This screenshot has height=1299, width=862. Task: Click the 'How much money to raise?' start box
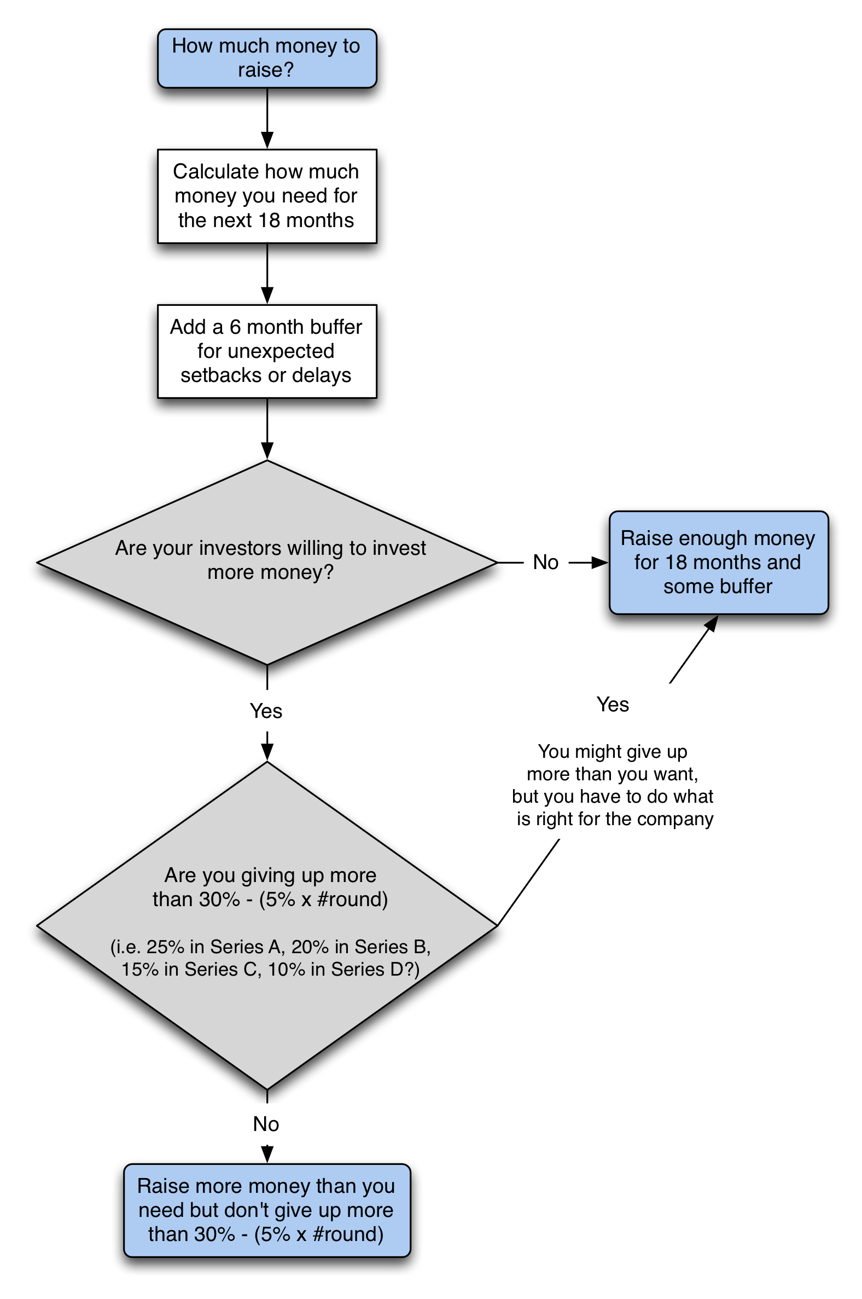(266, 58)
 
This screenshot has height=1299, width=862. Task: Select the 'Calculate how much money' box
(266, 196)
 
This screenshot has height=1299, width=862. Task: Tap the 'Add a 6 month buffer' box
(266, 351)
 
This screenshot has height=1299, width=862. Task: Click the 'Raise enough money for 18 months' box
(718, 562)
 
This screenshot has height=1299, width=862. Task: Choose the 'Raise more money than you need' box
(266, 1210)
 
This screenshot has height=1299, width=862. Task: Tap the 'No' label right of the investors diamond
(545, 562)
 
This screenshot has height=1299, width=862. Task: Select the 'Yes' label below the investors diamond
(266, 711)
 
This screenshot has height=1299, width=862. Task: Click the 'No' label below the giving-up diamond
(266, 1123)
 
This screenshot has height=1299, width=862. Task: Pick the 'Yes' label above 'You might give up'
(613, 704)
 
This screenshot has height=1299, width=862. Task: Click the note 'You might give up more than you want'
(613, 785)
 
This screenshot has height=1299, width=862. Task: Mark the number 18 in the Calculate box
(269, 220)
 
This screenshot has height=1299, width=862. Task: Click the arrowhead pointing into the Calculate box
(267, 140)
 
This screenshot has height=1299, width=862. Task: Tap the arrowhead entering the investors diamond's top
(267, 451)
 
